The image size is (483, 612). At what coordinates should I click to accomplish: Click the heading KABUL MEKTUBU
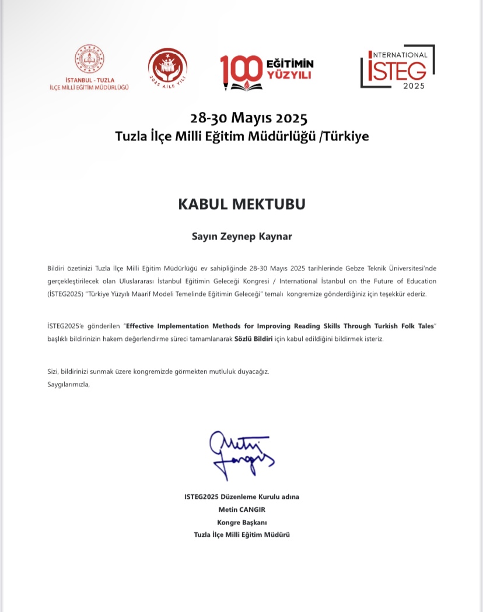[242, 205]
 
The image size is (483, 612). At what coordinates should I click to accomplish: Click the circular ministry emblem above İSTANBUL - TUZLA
[89, 59]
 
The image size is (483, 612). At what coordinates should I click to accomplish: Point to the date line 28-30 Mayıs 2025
[242, 118]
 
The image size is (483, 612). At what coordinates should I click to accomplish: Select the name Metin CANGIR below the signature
[242, 509]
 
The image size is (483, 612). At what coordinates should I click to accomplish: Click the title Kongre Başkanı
[242, 522]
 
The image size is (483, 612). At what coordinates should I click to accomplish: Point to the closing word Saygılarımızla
[68, 384]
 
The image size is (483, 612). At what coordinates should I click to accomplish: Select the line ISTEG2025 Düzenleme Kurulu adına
[242, 496]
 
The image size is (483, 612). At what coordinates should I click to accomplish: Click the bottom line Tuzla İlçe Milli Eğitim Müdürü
[242, 534]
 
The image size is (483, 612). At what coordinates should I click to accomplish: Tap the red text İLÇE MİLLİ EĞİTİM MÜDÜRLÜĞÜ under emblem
[89, 87]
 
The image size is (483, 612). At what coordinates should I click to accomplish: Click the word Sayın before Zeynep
[204, 237]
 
